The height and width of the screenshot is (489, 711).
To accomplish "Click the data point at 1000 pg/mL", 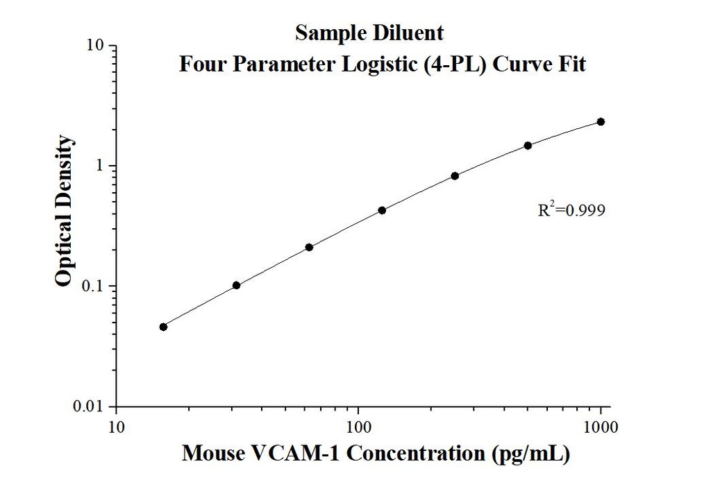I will coord(601,121).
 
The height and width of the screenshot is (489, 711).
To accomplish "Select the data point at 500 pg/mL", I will coord(528,145).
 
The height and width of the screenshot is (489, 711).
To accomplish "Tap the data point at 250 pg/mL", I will coord(455,175).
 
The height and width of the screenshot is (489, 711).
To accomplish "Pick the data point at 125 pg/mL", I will coord(382,210).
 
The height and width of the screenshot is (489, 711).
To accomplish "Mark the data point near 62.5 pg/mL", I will coord(309,247).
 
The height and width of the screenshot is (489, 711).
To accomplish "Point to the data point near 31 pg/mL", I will coord(236,285).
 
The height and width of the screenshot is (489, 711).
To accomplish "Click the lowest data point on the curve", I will coord(163,327).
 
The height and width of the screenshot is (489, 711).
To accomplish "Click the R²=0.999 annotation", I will coord(567,209).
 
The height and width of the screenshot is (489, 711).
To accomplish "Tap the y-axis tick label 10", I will coord(95,46).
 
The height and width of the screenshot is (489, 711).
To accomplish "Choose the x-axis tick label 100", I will coord(358,425).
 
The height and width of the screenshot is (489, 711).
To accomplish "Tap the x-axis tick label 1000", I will coord(601,425).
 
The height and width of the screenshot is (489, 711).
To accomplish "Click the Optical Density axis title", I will coord(64,212).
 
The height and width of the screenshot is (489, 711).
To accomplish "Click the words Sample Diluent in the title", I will coord(369,33).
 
